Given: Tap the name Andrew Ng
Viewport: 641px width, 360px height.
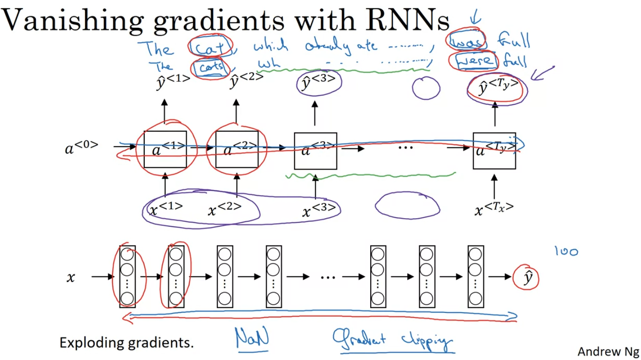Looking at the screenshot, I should tap(606, 351).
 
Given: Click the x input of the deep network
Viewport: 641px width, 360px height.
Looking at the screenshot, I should tap(70, 278).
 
